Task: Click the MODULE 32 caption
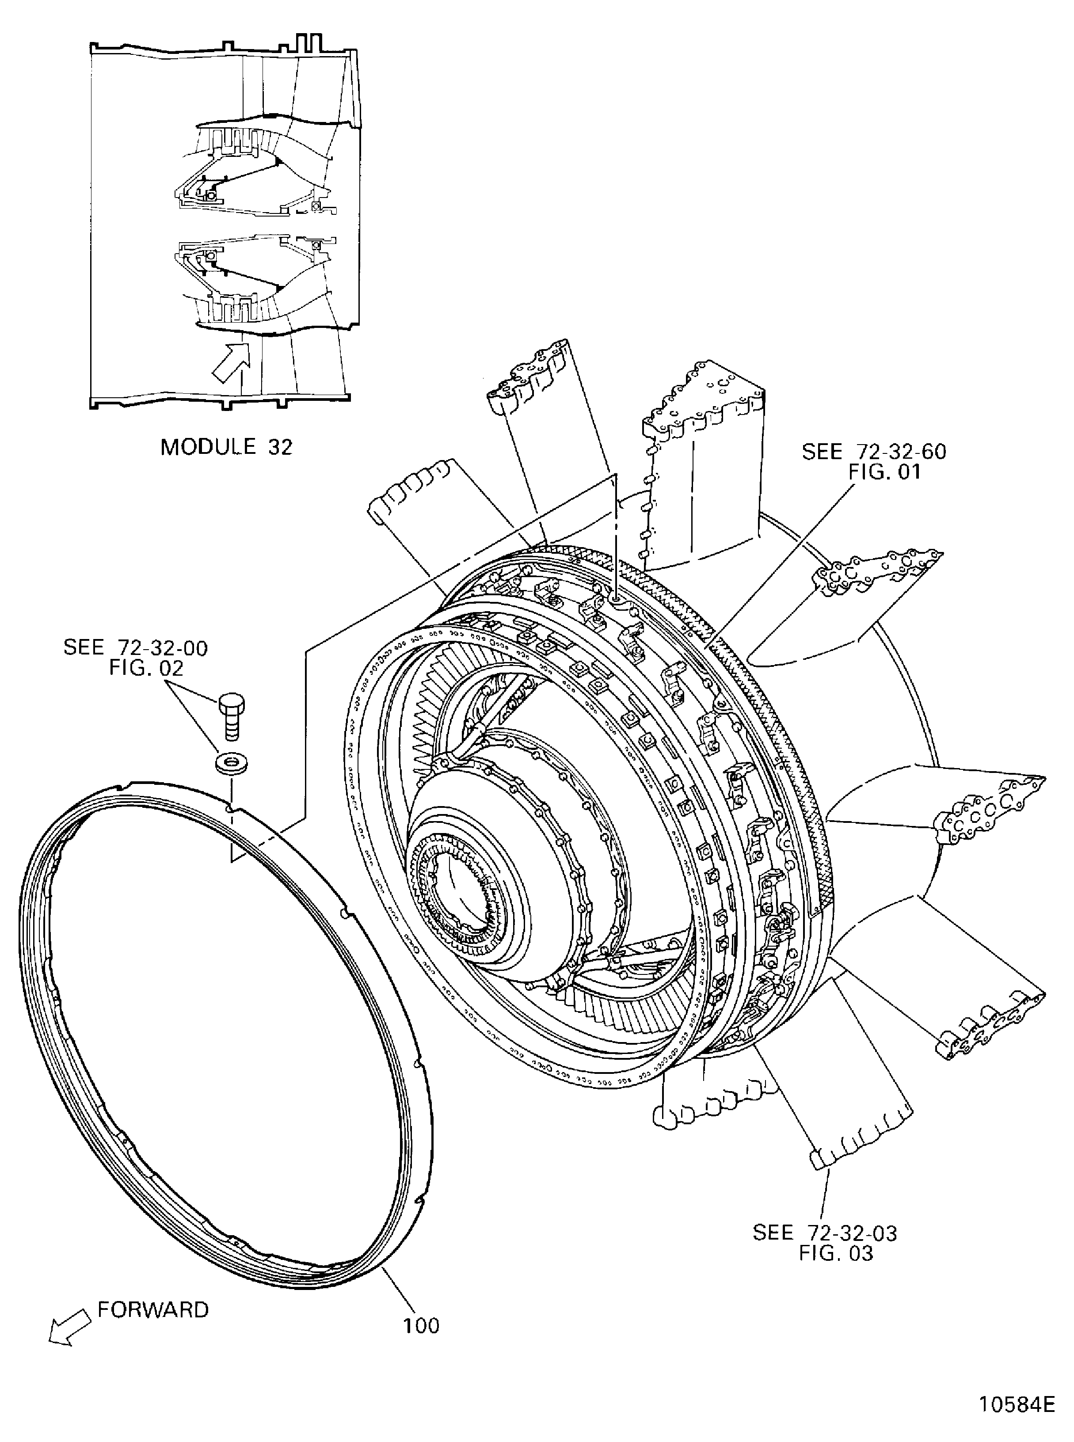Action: click(226, 447)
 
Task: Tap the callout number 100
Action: click(421, 1326)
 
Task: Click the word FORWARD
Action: click(153, 1309)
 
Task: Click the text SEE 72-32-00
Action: click(135, 647)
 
